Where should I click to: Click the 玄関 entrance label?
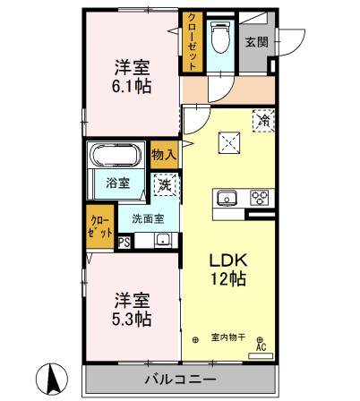[x=256, y=41]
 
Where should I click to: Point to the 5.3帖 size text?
[x=132, y=318]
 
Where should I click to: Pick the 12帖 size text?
[x=227, y=278]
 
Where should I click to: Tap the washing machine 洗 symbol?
[x=164, y=185]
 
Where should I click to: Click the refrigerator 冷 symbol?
[x=262, y=119]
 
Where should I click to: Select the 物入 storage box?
[x=164, y=154]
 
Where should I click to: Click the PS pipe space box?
[x=124, y=240]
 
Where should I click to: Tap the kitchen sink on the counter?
[x=225, y=198]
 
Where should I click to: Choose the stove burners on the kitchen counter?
[x=260, y=198]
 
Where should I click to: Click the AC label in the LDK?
[x=261, y=346]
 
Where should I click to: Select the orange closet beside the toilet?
[x=192, y=42]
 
